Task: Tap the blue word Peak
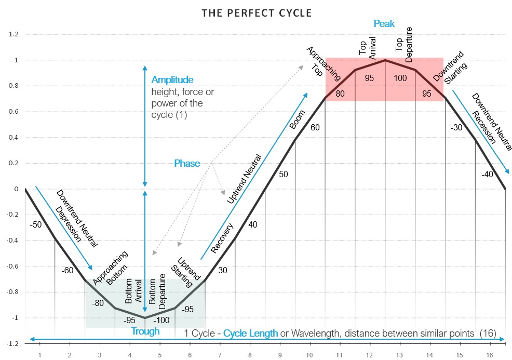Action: [x=384, y=23]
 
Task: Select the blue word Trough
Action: [x=145, y=331]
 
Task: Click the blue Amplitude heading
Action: [x=172, y=80]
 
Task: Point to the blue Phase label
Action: [x=187, y=164]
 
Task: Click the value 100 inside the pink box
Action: [x=400, y=78]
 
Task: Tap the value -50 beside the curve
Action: [x=36, y=224]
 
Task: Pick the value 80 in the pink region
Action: [x=340, y=94]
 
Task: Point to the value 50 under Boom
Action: [x=283, y=174]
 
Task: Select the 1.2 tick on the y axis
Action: [x=14, y=34]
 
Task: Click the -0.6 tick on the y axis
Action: [x=12, y=266]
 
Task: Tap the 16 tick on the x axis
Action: [x=490, y=355]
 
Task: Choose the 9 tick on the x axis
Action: [x=280, y=355]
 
